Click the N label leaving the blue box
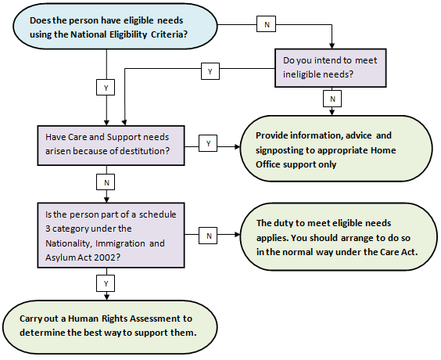267,24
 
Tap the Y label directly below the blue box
106,88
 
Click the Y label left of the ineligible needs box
210,72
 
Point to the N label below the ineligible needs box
334,99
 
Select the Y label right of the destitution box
209,143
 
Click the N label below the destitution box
106,182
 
